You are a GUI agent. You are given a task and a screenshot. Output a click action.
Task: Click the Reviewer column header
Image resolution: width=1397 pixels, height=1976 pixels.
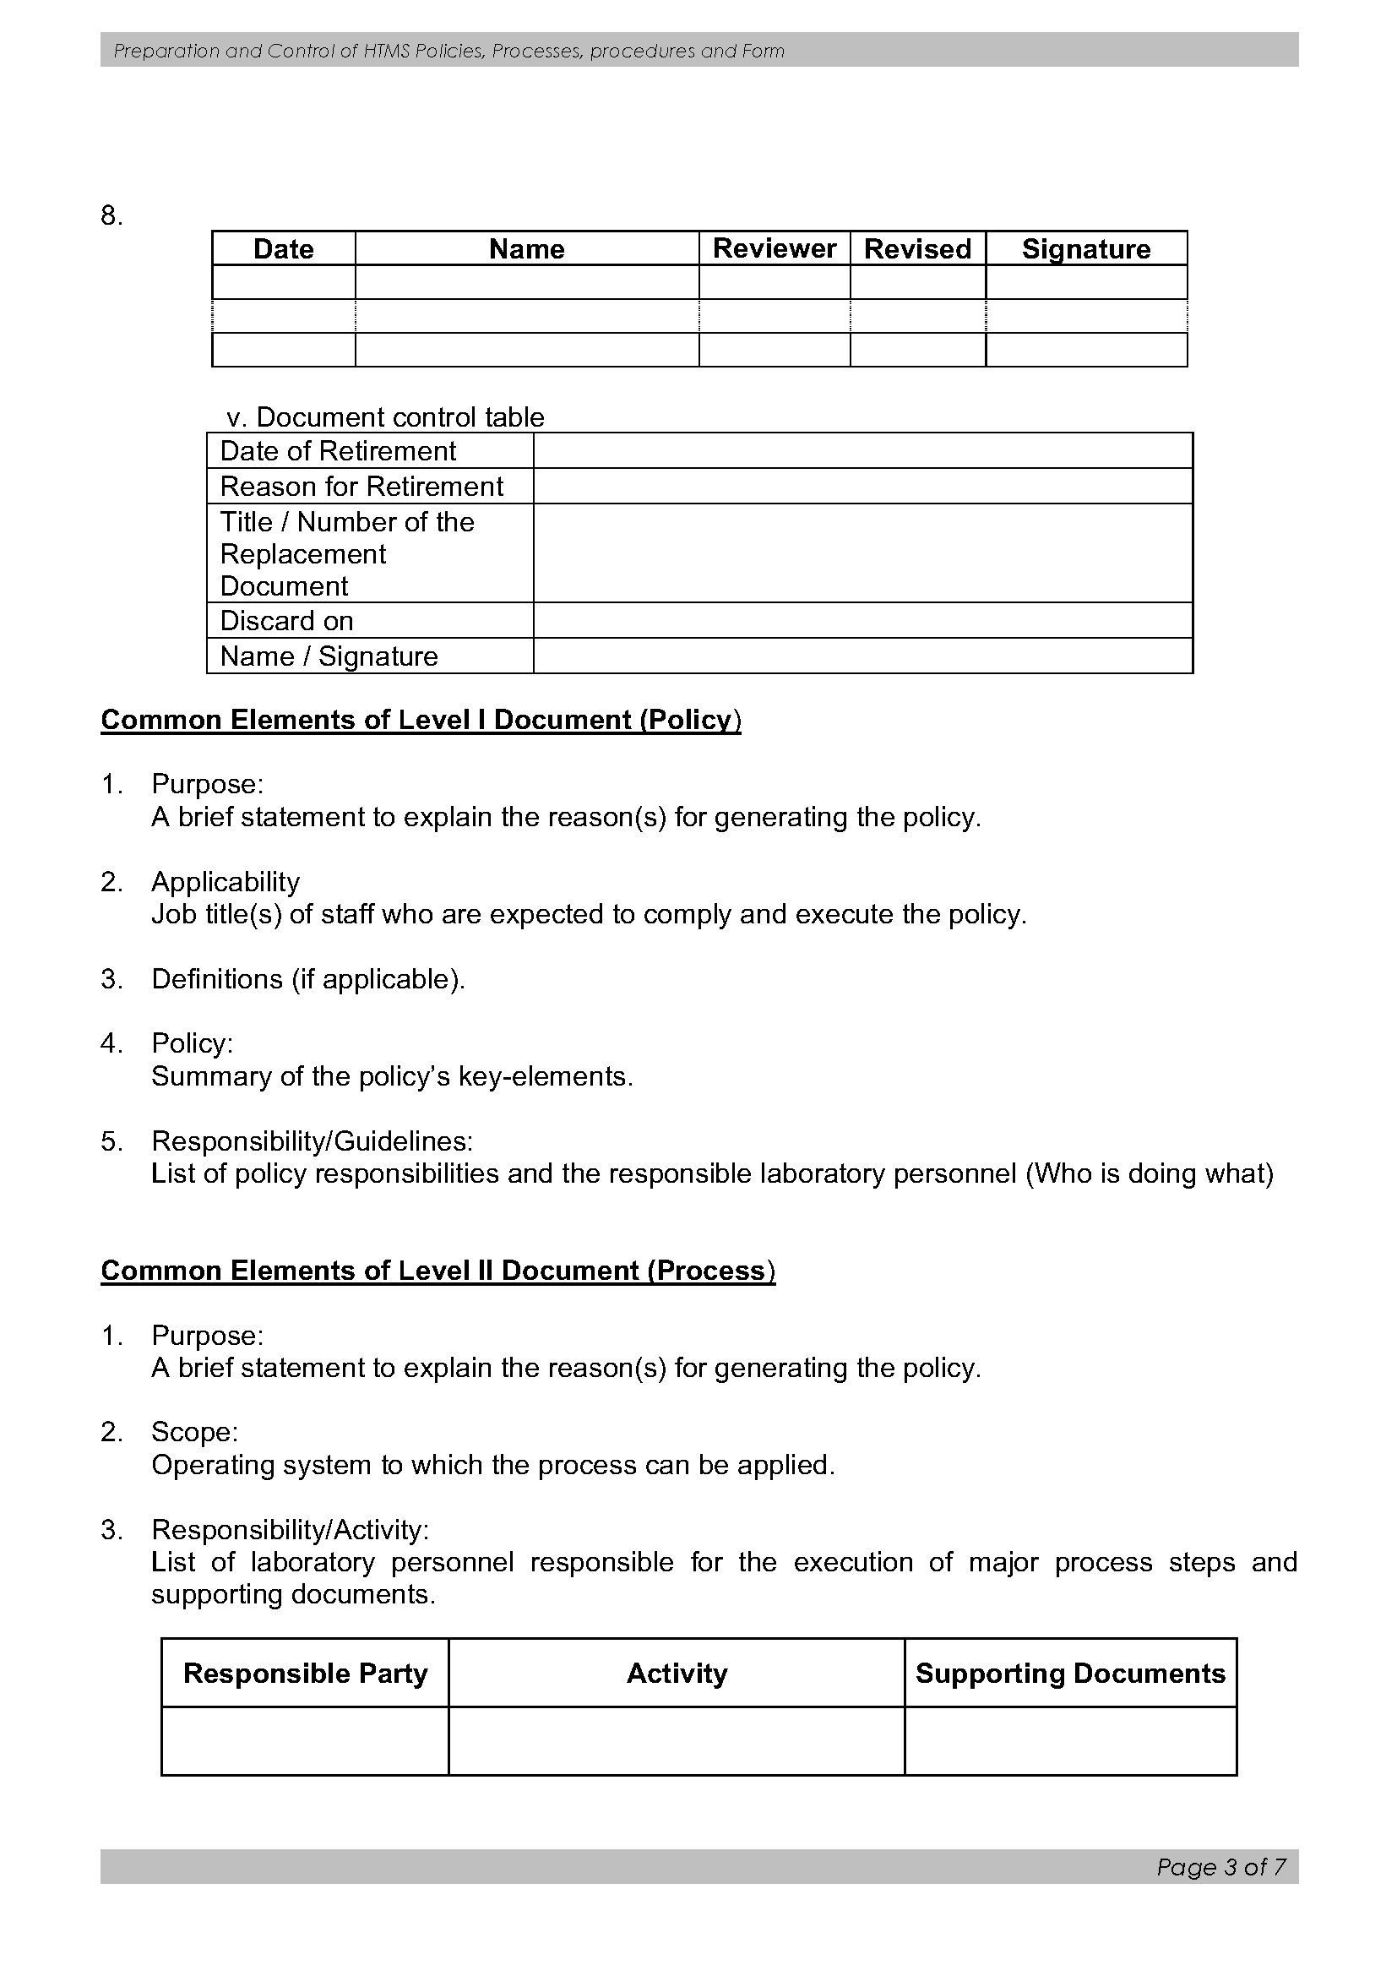point(774,248)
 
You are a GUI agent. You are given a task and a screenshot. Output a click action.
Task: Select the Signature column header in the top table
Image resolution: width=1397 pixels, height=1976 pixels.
point(1085,248)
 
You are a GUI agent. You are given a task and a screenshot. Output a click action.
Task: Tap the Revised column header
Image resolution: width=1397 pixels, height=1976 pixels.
point(917,248)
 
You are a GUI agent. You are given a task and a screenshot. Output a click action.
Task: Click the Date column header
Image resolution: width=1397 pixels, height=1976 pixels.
point(283,248)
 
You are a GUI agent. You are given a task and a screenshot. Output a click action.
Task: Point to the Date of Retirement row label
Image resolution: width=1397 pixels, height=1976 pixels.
point(338,451)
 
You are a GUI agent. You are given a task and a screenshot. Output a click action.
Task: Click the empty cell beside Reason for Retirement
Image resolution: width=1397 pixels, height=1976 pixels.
point(862,487)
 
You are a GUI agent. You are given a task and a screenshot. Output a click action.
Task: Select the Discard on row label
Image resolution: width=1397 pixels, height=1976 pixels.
point(286,621)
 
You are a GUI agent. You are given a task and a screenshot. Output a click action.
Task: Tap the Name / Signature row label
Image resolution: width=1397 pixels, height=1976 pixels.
point(329,656)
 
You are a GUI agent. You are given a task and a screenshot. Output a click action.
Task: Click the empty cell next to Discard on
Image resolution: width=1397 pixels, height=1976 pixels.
point(862,621)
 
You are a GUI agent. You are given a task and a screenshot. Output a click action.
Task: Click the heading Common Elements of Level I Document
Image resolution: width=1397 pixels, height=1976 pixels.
point(421,720)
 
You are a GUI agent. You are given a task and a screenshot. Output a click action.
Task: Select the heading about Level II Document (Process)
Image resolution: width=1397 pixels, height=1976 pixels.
point(438,1271)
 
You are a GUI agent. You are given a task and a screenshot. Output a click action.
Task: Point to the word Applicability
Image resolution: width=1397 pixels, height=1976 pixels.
point(226,881)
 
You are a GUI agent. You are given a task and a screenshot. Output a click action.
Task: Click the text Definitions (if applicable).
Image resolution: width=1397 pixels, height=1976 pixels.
point(308,979)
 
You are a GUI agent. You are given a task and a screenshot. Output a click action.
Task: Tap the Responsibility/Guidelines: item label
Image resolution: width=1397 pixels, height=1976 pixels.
point(313,1141)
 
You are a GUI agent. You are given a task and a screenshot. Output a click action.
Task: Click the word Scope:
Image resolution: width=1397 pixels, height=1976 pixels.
point(194,1432)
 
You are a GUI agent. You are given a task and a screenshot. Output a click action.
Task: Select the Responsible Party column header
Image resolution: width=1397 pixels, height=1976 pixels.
point(306,1673)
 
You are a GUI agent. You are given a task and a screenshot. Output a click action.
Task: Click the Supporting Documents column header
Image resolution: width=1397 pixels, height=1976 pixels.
point(1070,1673)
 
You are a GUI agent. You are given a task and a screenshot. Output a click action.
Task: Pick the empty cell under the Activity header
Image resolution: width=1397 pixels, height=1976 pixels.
point(677,1741)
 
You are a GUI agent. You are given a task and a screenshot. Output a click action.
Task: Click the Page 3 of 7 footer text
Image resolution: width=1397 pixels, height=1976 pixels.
point(1220,1867)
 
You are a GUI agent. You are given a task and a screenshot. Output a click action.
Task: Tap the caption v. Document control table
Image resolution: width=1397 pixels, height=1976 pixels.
point(385,417)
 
